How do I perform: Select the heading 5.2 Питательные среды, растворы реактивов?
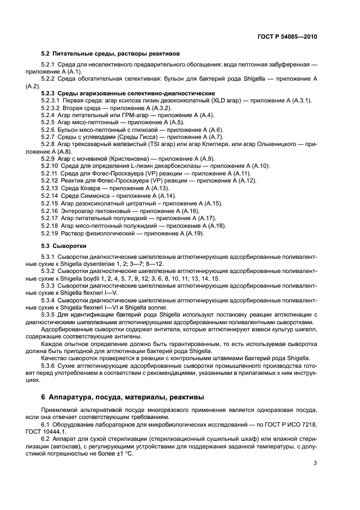(111, 53)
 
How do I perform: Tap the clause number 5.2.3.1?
(51, 101)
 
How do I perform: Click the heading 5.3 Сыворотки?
(68, 246)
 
